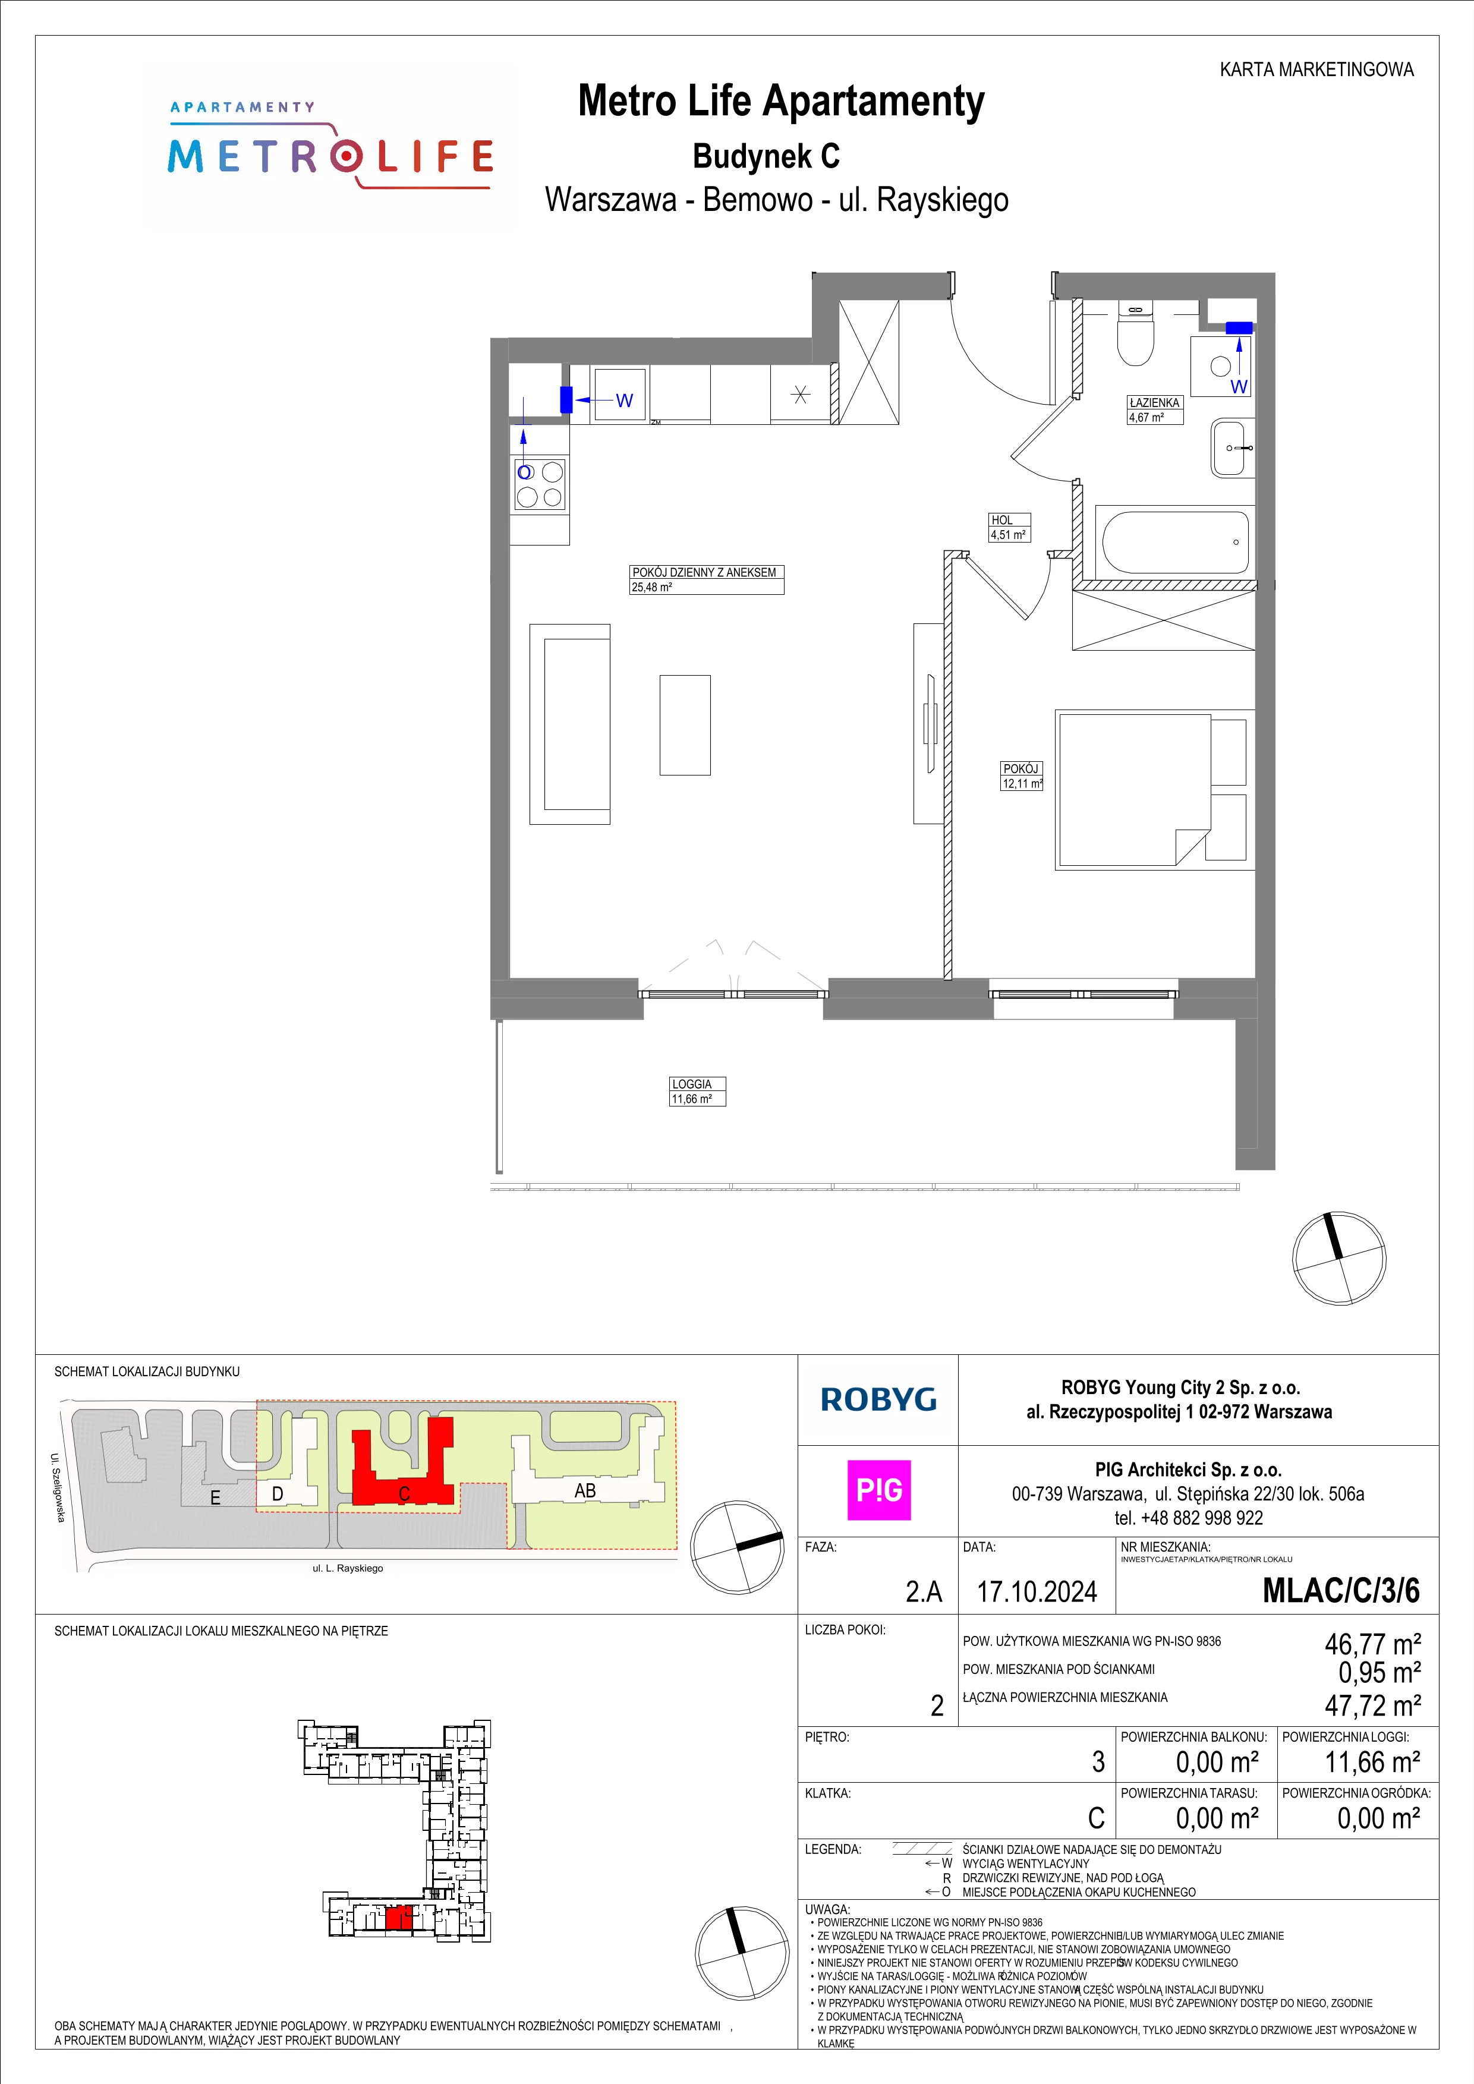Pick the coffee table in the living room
click(685, 724)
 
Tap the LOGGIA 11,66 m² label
click(698, 1091)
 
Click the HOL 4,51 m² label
click(1009, 527)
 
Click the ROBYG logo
click(878, 1399)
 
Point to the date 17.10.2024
click(1037, 1591)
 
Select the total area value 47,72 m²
click(1372, 1705)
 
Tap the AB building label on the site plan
click(585, 1490)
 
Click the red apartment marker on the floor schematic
click(398, 1917)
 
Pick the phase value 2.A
click(924, 1591)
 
